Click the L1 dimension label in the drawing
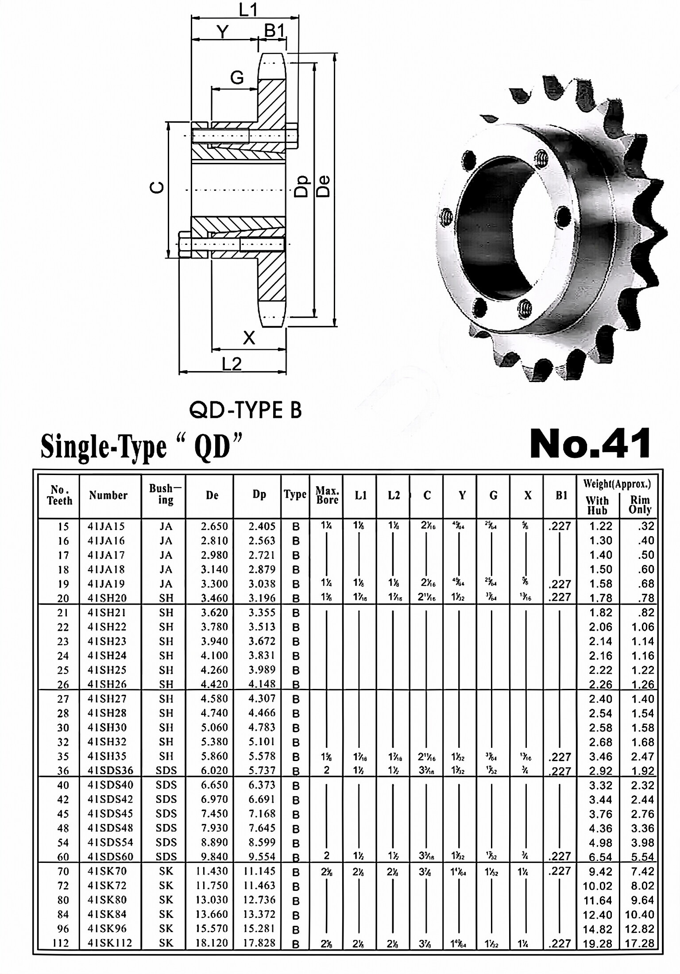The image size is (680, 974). [x=248, y=10]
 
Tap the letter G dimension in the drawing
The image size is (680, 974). [x=237, y=78]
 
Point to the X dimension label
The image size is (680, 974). [x=249, y=338]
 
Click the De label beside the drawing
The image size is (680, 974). [x=324, y=186]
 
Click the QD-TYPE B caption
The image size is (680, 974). [x=245, y=411]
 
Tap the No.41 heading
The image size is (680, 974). [x=590, y=444]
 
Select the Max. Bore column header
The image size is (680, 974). [x=327, y=495]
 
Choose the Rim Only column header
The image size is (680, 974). [x=640, y=505]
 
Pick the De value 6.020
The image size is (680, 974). [x=214, y=770]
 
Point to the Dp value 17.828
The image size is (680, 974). [x=259, y=943]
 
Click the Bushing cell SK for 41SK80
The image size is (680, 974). [x=166, y=900]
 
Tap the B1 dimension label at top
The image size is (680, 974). [x=274, y=31]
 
